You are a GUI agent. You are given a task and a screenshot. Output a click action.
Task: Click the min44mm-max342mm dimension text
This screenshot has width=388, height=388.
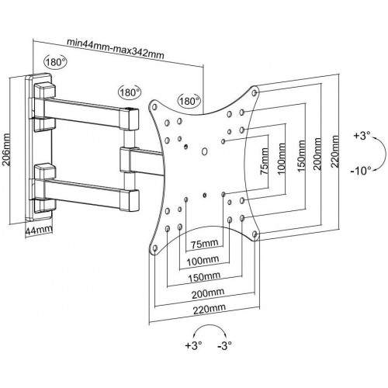pyautogui.click(x=116, y=49)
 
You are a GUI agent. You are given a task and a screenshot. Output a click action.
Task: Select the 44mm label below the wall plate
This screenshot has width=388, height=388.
pyautogui.click(x=39, y=230)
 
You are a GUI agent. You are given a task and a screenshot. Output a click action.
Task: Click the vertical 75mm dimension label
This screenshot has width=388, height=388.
pyautogui.click(x=265, y=161)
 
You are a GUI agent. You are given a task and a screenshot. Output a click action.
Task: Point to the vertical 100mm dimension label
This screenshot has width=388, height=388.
pyautogui.click(x=282, y=159)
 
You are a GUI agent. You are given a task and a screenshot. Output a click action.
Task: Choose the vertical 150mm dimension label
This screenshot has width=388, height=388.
pyautogui.click(x=301, y=156)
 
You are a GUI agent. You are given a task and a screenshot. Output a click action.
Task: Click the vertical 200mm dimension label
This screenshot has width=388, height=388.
pyautogui.click(x=317, y=154)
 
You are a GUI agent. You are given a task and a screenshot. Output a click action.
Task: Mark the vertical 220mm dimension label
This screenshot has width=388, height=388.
pyautogui.click(x=335, y=151)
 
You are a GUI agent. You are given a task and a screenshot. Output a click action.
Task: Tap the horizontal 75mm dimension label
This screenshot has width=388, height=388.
pyautogui.click(x=204, y=244)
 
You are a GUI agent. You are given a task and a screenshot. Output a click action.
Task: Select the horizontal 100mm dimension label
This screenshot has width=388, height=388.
pyautogui.click(x=203, y=261)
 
